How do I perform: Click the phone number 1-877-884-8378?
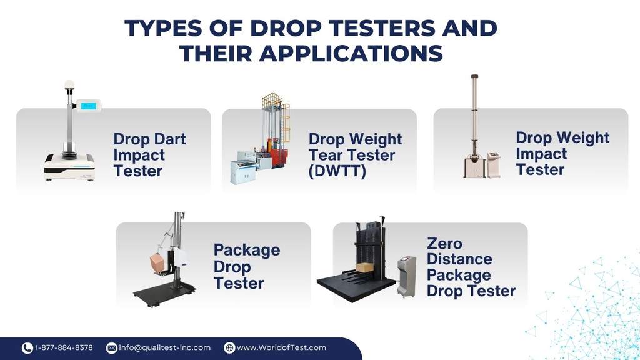[x=64, y=347]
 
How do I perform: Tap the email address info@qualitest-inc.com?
[x=164, y=347]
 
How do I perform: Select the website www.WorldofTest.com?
[x=281, y=347]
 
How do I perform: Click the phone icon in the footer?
[x=27, y=348]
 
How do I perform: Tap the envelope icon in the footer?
[x=112, y=348]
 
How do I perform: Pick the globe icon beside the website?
[x=229, y=348]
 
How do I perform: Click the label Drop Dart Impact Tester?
[x=149, y=155]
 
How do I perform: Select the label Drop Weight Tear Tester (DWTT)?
[x=355, y=155]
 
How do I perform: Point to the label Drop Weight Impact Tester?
[x=562, y=153]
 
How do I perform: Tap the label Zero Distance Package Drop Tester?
[x=471, y=267]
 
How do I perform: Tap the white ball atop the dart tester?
[x=69, y=85]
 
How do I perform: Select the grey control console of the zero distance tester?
[x=406, y=275]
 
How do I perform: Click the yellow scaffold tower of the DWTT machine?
[x=272, y=122]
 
